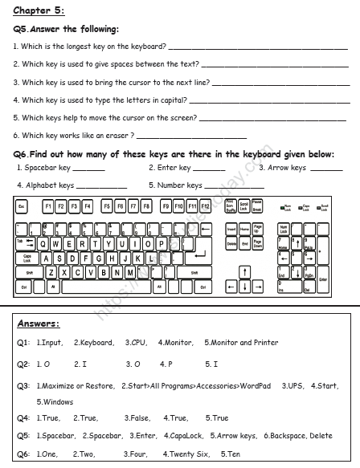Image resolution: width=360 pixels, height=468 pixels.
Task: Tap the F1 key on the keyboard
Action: [x=47, y=206]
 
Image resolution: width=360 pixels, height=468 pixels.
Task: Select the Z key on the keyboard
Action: [x=53, y=271]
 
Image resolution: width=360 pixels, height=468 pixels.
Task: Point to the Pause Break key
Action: [x=257, y=206]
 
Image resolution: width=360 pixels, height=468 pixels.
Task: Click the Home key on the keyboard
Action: [x=244, y=230]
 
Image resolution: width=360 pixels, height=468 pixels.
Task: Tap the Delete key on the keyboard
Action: [x=231, y=243]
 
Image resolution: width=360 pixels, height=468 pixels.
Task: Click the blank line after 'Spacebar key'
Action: [x=88, y=169]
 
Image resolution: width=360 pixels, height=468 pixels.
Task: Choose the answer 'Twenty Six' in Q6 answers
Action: [x=189, y=454]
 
